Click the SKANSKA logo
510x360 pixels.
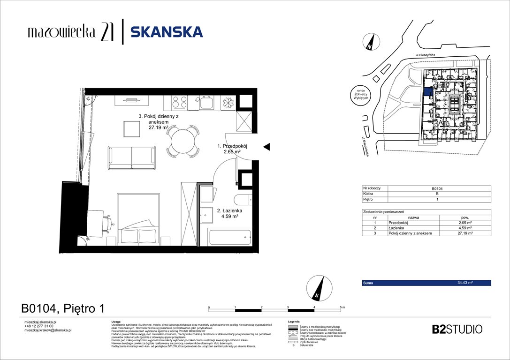167,32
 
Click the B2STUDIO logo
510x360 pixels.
457,329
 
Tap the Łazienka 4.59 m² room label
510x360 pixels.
228,213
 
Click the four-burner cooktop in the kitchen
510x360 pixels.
180,102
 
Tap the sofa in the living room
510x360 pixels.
132,157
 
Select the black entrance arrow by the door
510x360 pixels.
266,147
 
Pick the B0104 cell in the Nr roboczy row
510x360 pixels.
437,188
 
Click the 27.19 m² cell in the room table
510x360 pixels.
465,233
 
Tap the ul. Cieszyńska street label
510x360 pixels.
426,55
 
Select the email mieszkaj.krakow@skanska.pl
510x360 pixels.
47,330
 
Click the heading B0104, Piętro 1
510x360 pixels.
63,308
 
